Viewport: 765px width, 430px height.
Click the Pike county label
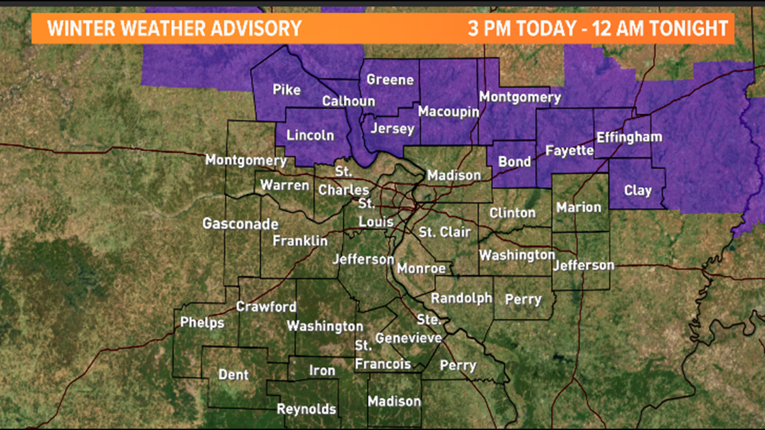click(x=287, y=90)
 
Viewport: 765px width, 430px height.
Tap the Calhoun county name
click(x=348, y=101)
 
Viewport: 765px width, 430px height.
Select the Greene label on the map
click(x=390, y=80)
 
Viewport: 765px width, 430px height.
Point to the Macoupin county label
click(x=448, y=111)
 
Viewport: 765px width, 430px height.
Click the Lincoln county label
click(x=310, y=135)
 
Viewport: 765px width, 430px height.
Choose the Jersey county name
click(x=393, y=128)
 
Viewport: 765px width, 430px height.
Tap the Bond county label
click(x=515, y=161)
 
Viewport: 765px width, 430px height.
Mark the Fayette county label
click(x=570, y=150)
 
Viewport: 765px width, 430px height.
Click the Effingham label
click(x=629, y=137)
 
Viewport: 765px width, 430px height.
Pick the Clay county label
click(x=637, y=190)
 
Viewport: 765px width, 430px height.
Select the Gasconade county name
click(x=240, y=224)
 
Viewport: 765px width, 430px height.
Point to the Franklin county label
click(x=300, y=240)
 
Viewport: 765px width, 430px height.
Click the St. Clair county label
click(x=445, y=232)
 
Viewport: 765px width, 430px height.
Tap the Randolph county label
click(x=461, y=298)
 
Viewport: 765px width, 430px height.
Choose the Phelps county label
click(x=202, y=323)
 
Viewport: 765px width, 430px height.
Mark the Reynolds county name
click(x=307, y=409)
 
